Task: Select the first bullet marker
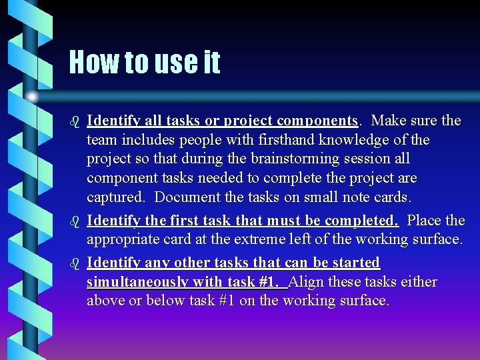point(75,121)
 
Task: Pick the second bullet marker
point(75,221)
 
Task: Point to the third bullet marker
point(75,263)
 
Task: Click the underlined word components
point(317,121)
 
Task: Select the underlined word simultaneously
point(137,282)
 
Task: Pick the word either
point(419,282)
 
